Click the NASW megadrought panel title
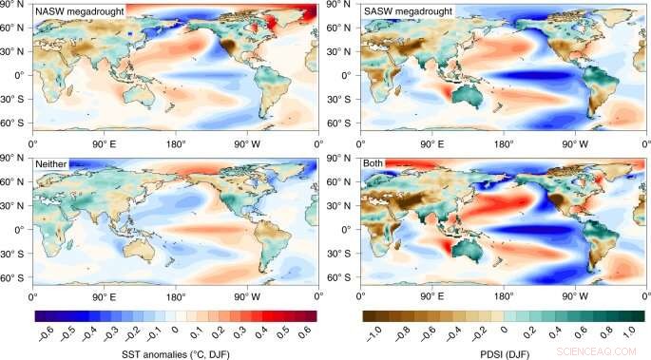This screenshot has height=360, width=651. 79,10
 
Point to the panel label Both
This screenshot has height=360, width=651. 374,164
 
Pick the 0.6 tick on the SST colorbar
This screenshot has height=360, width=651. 306,334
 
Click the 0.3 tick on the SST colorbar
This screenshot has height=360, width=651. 242,334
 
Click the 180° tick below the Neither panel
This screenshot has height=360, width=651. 177,294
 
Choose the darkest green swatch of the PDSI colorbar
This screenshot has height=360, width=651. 637,315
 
